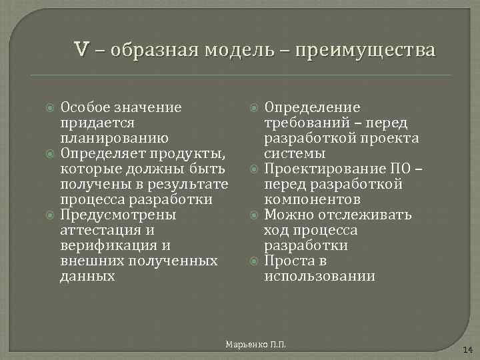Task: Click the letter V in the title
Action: tap(82, 50)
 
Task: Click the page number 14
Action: tap(467, 349)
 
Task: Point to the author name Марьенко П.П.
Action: tap(255, 343)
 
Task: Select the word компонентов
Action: tap(313, 200)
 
